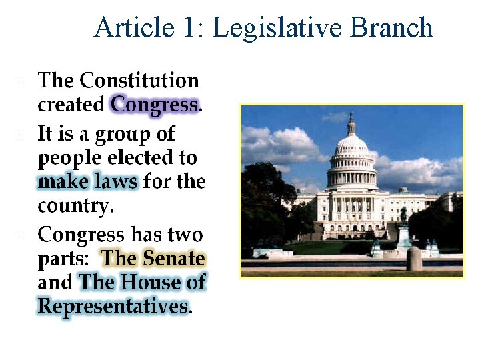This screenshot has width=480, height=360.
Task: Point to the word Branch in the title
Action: click(x=391, y=28)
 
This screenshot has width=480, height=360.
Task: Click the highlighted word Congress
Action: click(x=155, y=105)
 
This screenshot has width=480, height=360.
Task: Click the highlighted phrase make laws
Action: click(x=88, y=181)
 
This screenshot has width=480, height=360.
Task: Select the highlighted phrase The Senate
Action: click(x=153, y=258)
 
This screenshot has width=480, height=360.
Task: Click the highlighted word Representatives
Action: click(x=113, y=306)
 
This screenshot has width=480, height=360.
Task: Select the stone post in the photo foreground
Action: click(x=414, y=259)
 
